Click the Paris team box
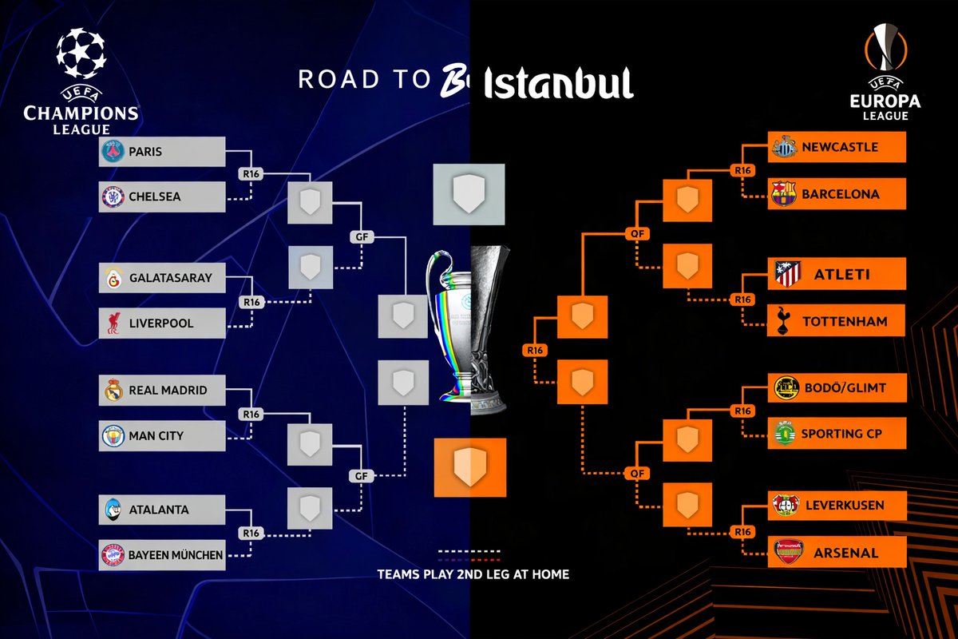[162, 151]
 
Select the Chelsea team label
[155, 196]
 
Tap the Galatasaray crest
[113, 278]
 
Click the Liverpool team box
[162, 323]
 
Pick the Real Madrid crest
[113, 391]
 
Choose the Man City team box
[162, 436]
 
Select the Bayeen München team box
[162, 554]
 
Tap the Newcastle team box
[837, 147]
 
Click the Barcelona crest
[784, 194]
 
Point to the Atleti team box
[837, 274]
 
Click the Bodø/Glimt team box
[837, 388]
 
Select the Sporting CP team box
[837, 434]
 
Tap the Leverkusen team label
[843, 506]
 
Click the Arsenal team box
[837, 553]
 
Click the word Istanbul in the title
[559, 82]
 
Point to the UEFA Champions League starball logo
[81, 55]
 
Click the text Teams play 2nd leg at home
[473, 574]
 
